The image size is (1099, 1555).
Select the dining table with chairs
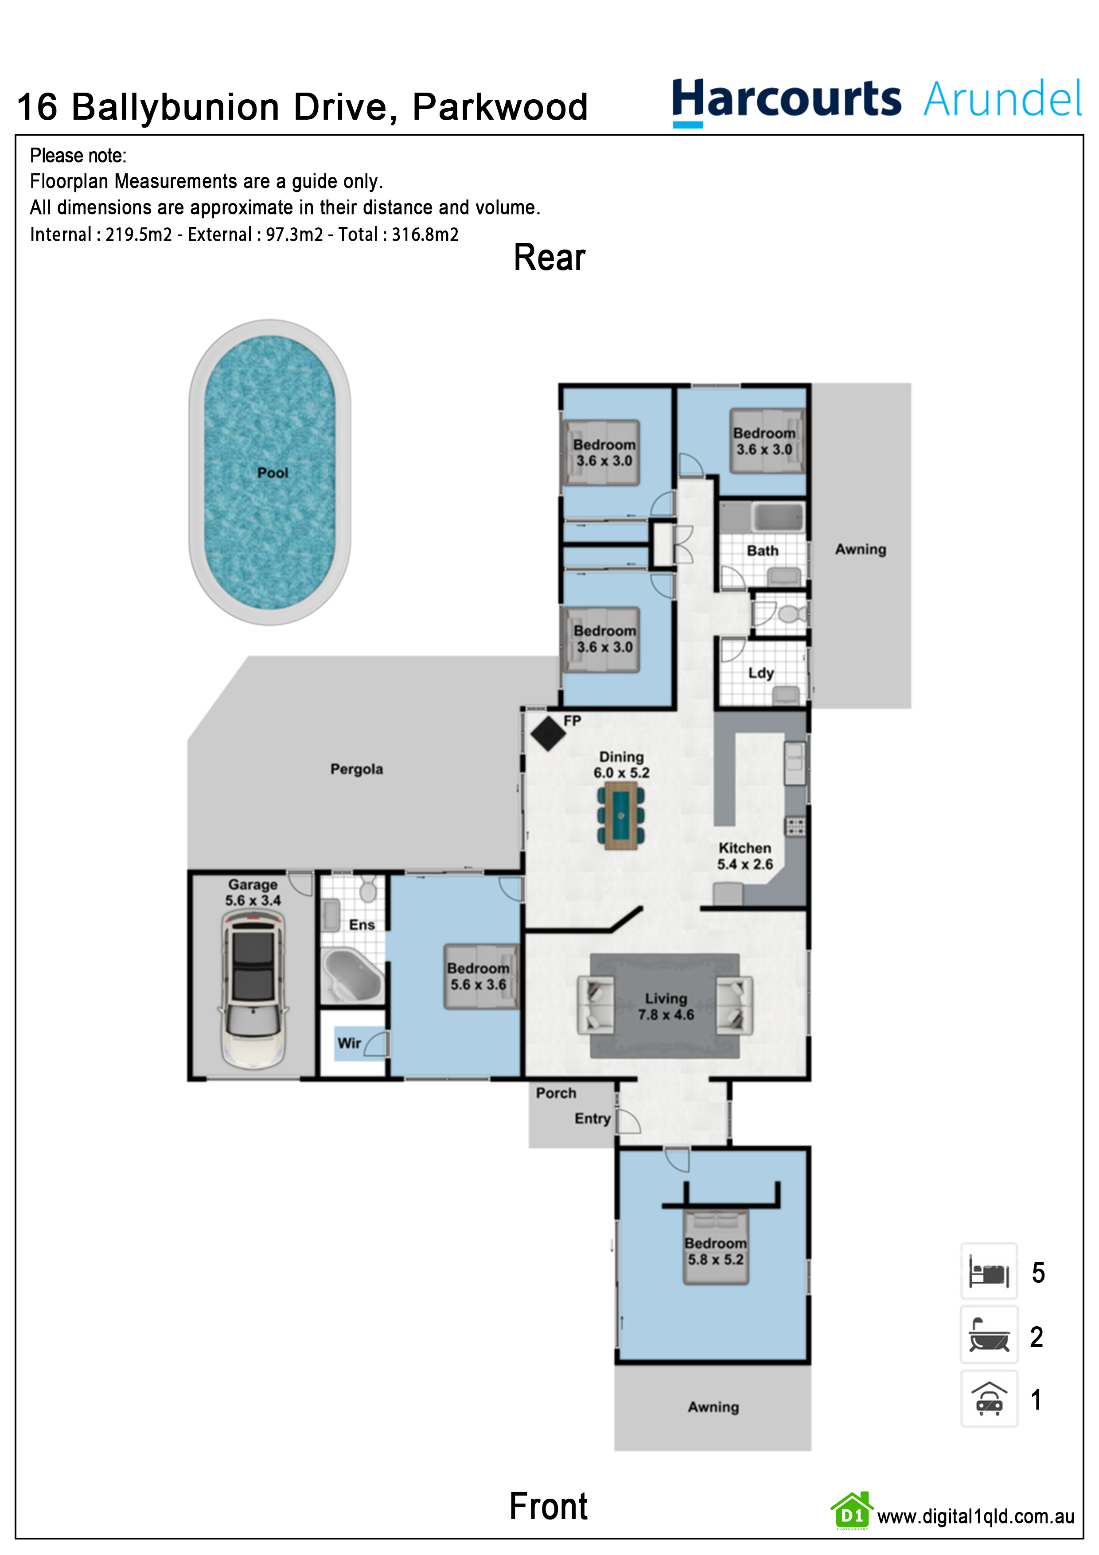(x=621, y=816)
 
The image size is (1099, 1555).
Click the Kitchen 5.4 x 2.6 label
(x=745, y=856)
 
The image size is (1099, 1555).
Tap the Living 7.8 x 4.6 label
(x=666, y=1006)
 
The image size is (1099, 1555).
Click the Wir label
(x=349, y=1043)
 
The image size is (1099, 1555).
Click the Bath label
(x=763, y=551)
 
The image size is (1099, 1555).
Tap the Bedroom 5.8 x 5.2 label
(x=716, y=1252)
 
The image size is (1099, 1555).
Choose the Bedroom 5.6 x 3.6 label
(x=478, y=977)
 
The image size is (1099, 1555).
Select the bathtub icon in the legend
(x=989, y=1335)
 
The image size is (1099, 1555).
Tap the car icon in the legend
(x=989, y=1399)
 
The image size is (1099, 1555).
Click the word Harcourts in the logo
(x=786, y=100)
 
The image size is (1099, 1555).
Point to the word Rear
(x=549, y=258)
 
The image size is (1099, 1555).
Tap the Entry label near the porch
(x=592, y=1119)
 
